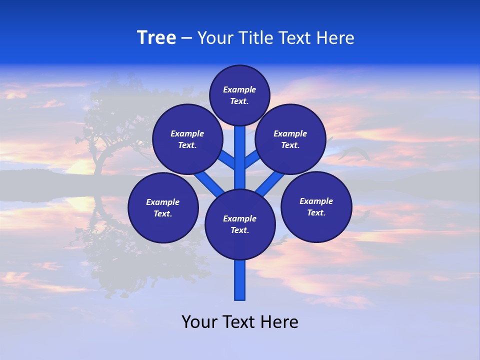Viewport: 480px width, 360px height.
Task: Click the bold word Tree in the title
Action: coord(156,38)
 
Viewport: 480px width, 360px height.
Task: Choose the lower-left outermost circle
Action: coord(163,208)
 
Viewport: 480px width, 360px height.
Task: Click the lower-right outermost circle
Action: coord(316,207)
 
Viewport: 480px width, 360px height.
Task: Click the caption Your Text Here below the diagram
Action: coord(240,322)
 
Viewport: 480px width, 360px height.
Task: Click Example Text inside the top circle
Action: coord(239,95)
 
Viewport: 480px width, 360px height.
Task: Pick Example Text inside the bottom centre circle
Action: coord(240,224)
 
